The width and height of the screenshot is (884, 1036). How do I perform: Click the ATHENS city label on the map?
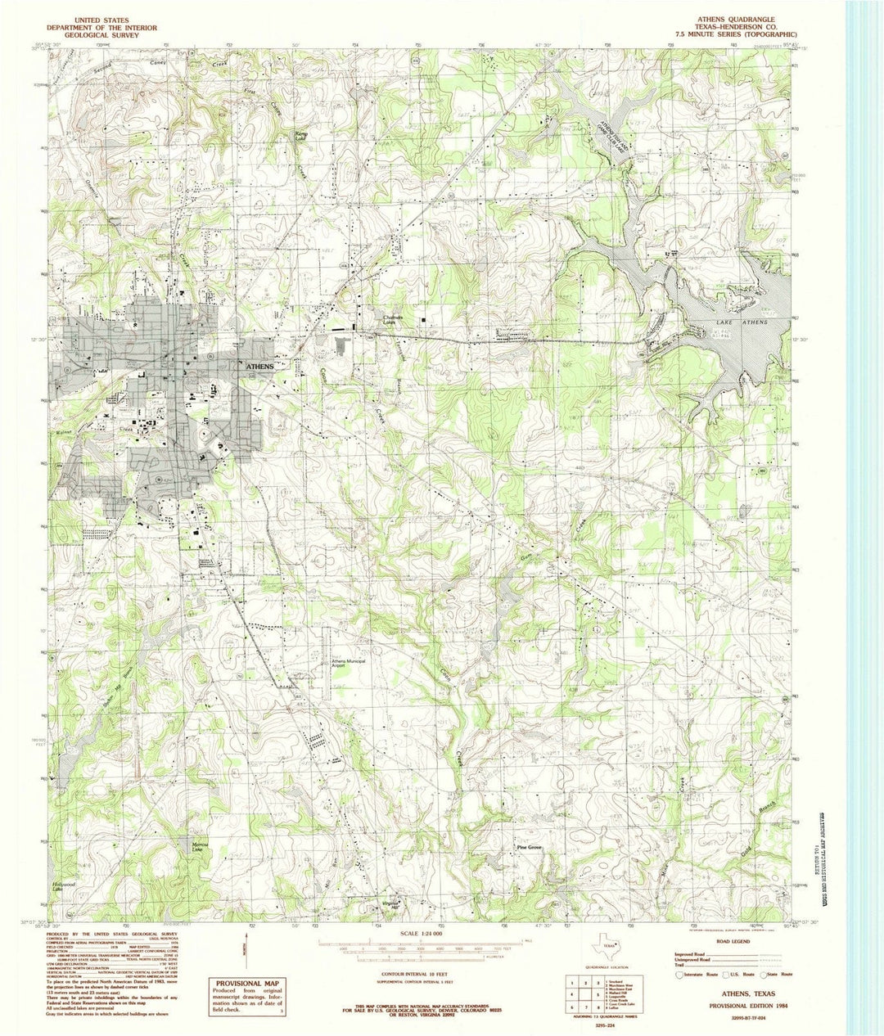point(259,367)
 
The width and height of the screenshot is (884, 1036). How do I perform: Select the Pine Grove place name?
point(529,847)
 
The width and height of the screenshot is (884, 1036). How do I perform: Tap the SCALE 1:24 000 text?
point(422,934)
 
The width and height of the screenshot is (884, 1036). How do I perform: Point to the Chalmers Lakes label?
point(397,320)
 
